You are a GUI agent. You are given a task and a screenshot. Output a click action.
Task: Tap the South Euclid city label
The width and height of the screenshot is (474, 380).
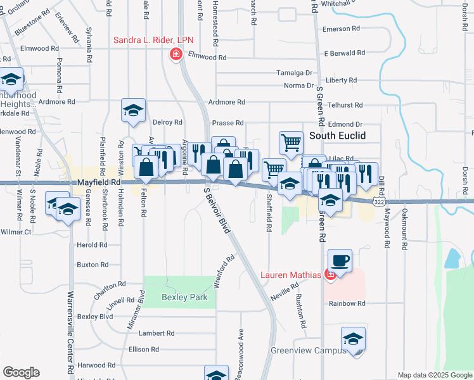tap(335, 136)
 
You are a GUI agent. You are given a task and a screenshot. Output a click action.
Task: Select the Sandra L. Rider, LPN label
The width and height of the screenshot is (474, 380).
tap(153, 40)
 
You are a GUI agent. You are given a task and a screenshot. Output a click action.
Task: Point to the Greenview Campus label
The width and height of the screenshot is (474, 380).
tap(309, 350)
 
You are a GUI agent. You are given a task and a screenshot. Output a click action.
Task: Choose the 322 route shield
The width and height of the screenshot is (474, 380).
tap(378, 201)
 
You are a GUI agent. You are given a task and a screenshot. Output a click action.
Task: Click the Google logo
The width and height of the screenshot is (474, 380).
tap(21, 372)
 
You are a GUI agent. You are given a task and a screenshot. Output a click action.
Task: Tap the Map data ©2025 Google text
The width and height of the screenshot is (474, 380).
tap(434, 375)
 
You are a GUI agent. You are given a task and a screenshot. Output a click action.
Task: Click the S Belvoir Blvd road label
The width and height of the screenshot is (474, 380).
tap(217, 210)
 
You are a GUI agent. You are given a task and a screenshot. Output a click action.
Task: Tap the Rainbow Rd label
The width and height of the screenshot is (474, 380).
tap(347, 303)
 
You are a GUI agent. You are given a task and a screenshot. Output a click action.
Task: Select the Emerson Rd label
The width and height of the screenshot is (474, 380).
tap(341, 29)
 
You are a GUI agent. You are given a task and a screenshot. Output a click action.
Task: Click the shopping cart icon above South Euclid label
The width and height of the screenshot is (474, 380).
tap(291, 142)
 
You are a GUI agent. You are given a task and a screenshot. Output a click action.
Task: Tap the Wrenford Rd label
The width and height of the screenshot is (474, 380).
tap(225, 272)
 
